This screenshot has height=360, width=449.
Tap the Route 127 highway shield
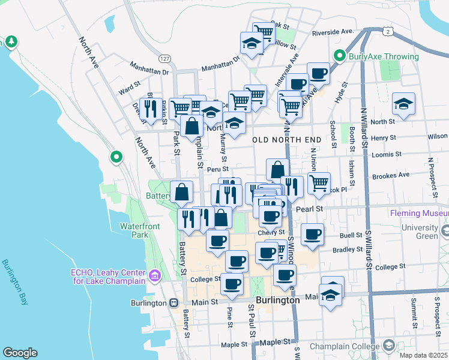click(163, 58)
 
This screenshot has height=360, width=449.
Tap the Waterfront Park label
click(142, 230)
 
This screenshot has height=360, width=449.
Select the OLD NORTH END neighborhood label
click(287, 140)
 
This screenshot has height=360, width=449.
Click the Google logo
click(19, 353)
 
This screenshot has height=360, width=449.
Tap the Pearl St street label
click(310, 208)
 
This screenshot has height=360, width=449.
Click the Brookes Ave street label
click(390, 175)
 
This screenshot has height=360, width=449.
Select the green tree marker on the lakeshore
click(11, 41)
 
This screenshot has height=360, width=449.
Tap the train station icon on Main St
click(173, 302)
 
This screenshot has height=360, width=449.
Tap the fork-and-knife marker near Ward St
click(150, 108)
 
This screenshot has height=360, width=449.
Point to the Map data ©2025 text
click(424, 355)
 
